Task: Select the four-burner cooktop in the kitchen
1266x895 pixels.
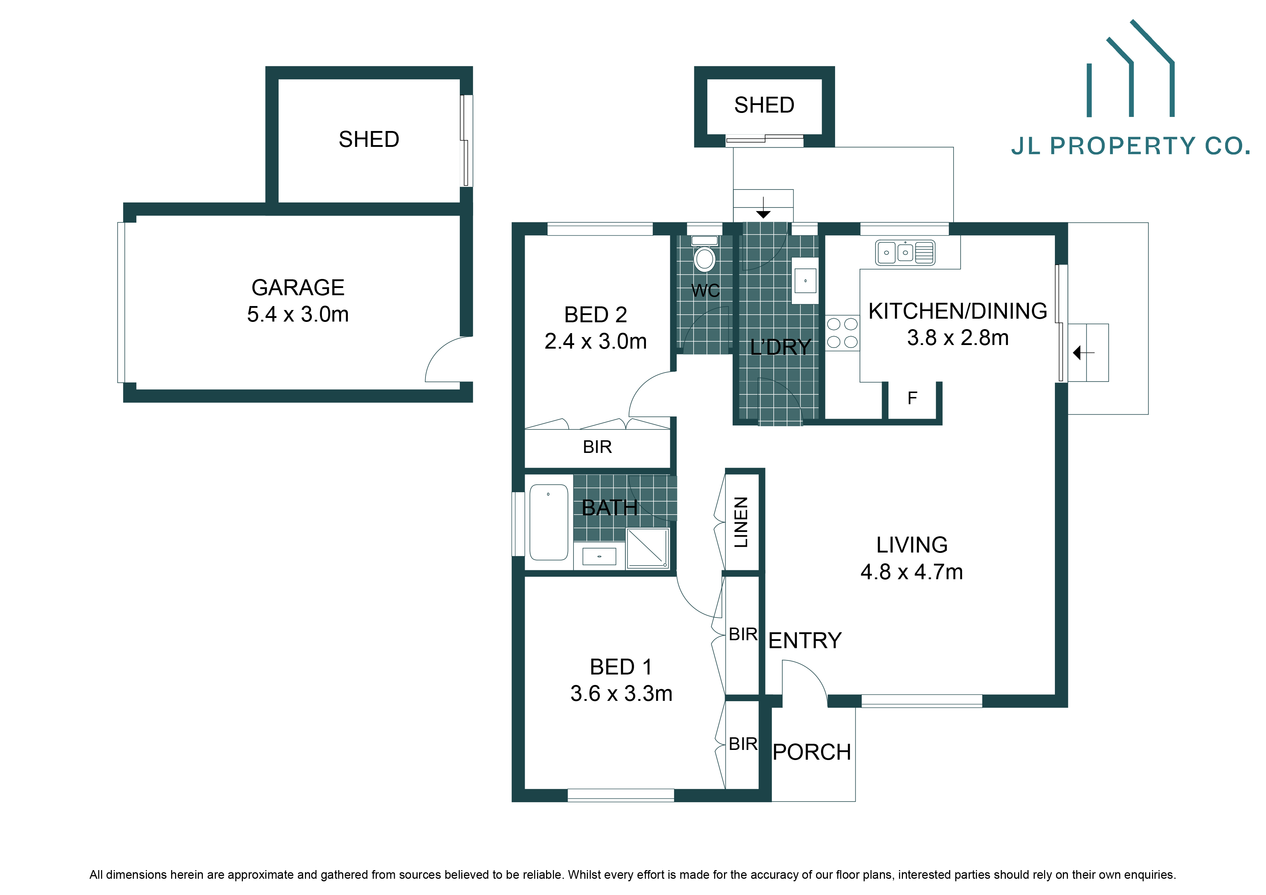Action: click(x=842, y=332)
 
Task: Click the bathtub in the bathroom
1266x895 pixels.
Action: click(x=549, y=522)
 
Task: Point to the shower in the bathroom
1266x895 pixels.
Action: click(x=647, y=547)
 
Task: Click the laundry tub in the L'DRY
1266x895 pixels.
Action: click(x=805, y=280)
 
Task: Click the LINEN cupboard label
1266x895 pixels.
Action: click(x=742, y=522)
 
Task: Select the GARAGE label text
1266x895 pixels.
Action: click(x=298, y=287)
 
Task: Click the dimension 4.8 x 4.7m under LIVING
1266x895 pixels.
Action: click(x=912, y=572)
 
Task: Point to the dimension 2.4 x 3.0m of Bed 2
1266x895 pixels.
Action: click(x=595, y=341)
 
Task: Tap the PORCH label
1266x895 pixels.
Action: click(x=812, y=752)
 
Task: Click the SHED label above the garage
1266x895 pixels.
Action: click(x=369, y=139)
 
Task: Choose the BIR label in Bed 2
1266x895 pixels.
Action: click(x=597, y=447)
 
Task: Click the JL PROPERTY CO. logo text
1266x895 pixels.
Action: click(x=1130, y=146)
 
